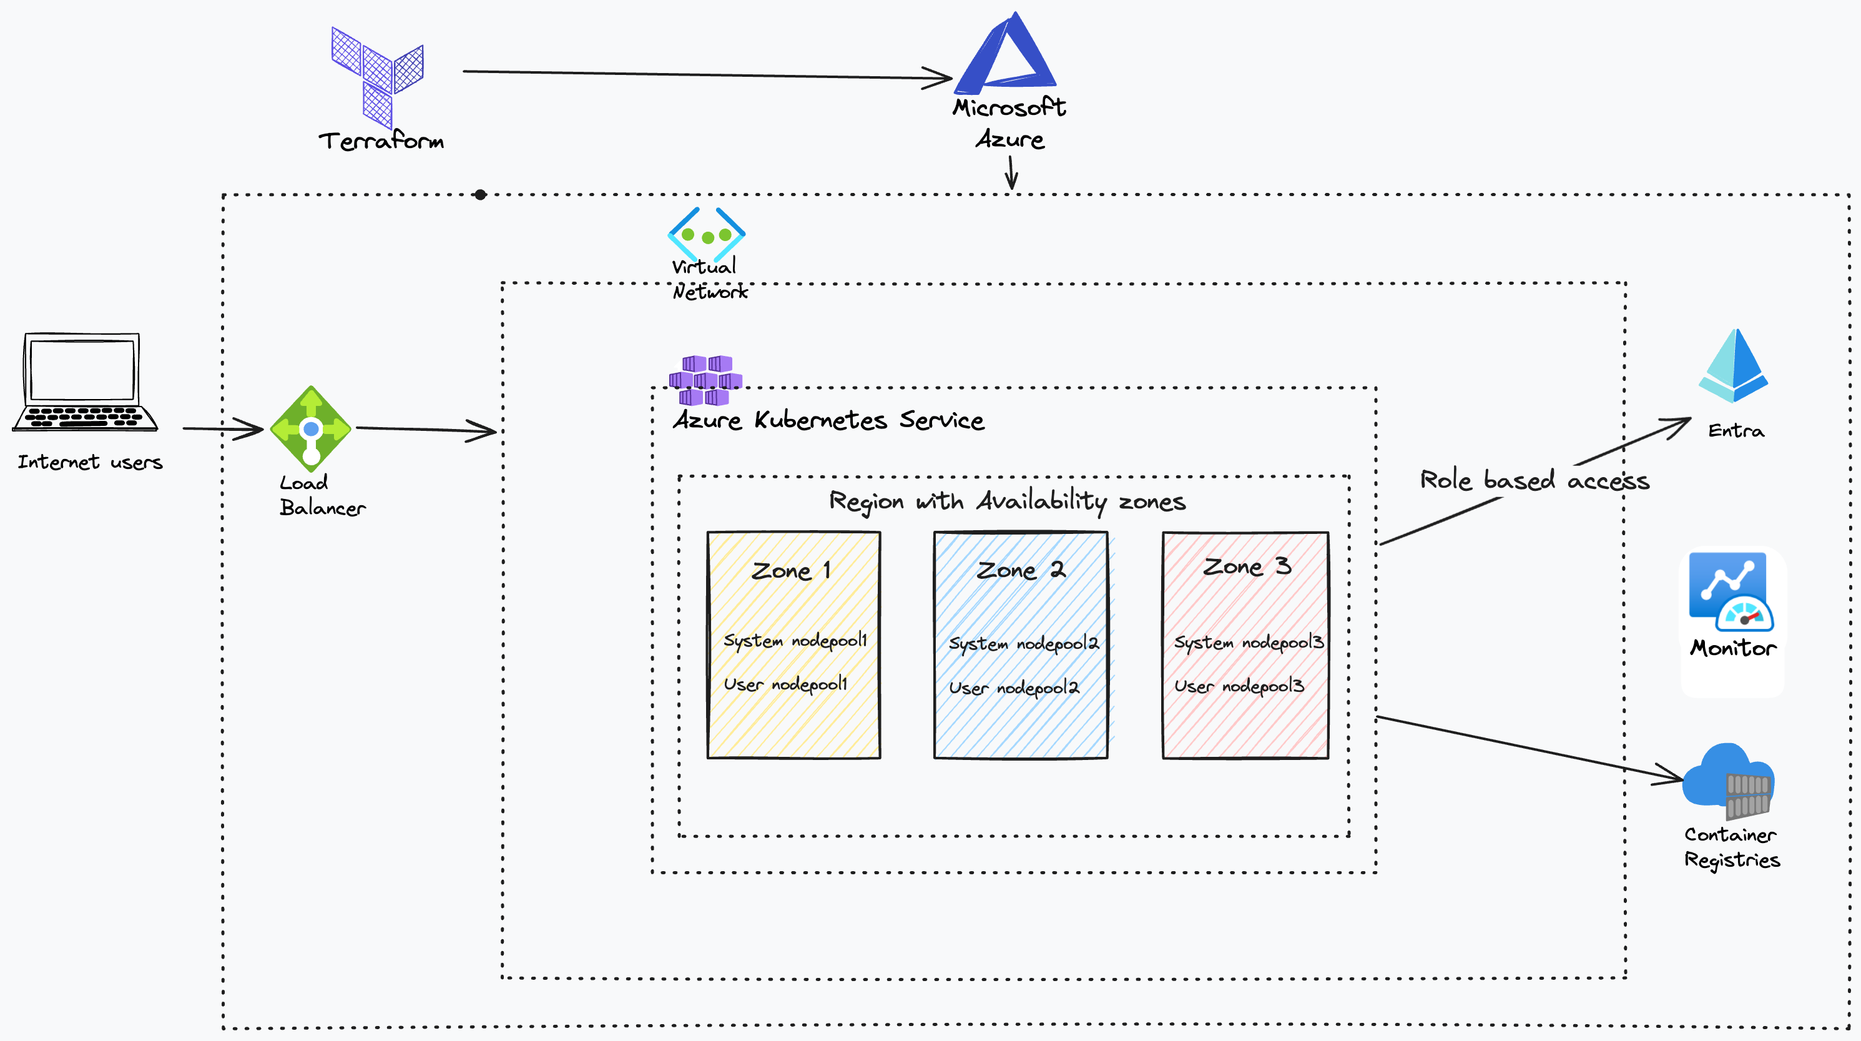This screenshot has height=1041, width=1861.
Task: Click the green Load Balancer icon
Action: point(311,428)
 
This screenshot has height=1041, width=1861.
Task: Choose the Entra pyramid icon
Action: point(1733,367)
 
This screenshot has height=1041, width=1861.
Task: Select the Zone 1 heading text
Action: point(790,571)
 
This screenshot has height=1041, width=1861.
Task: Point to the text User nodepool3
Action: point(1238,686)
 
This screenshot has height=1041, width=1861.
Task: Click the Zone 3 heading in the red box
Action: point(1245,566)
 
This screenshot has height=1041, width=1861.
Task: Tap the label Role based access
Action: point(1534,480)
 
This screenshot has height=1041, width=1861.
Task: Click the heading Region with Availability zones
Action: point(1007,501)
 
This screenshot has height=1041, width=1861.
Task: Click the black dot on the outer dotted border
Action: point(481,194)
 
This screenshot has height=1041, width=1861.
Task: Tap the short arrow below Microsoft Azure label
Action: point(1011,174)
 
